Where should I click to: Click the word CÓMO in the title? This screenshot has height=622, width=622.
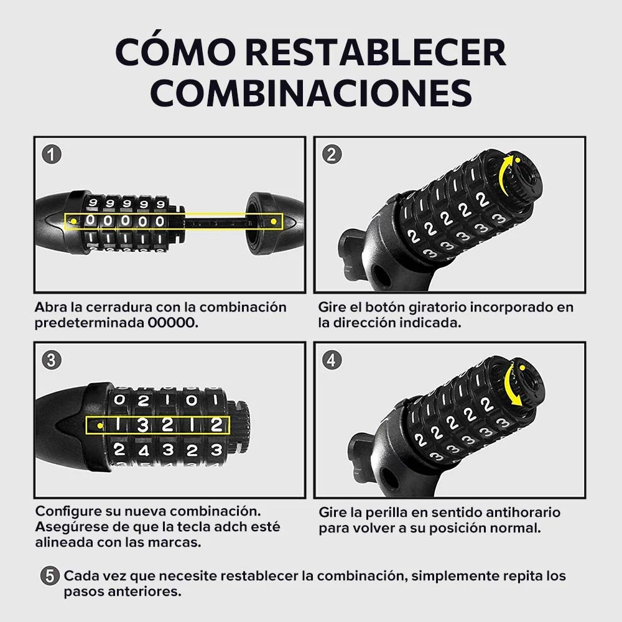pos(175,52)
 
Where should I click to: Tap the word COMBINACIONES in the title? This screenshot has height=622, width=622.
pos(311,93)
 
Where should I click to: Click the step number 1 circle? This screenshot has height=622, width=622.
pos(52,154)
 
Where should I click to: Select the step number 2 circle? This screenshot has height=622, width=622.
pos(332,154)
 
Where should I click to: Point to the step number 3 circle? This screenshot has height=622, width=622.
pos(52,360)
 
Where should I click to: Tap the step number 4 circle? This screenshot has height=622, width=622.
pos(332,360)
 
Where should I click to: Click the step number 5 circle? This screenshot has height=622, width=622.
pos(50,575)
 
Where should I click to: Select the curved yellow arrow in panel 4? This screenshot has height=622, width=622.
pos(509,383)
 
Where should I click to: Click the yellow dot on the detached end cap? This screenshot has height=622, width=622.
pos(273,221)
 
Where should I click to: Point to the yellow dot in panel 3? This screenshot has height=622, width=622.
pos(100,425)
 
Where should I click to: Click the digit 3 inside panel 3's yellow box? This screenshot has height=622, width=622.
pos(142,425)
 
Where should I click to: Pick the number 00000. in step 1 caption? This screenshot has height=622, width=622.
pos(173,322)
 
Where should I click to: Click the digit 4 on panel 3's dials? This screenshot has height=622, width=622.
pos(143,450)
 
